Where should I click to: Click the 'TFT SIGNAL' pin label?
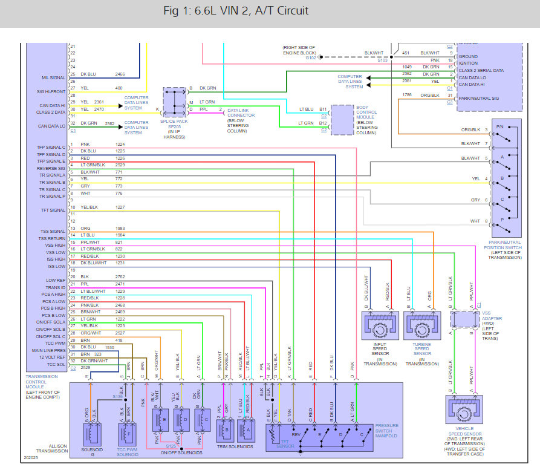click(53, 211)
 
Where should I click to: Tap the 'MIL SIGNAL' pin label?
click(54, 77)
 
